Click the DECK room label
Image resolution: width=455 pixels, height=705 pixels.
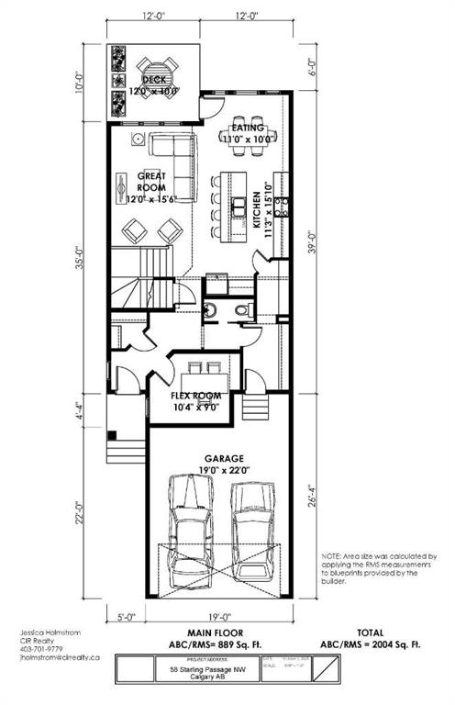click(x=153, y=80)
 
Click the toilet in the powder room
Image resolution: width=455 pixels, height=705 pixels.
click(x=242, y=313)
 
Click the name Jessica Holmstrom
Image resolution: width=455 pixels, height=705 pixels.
click(x=53, y=633)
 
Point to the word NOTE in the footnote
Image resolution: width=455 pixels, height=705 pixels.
click(x=332, y=556)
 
